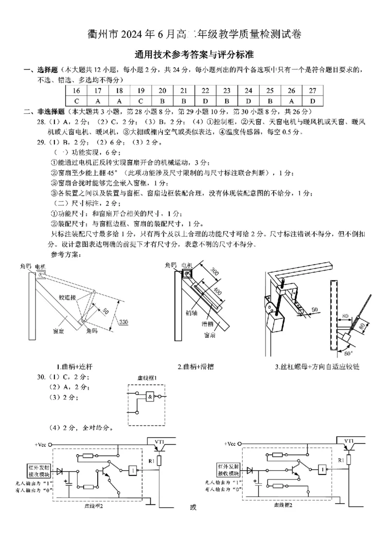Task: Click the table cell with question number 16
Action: (76, 91)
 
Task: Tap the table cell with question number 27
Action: (313, 91)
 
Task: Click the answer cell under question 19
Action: (141, 101)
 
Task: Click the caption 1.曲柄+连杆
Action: (74, 366)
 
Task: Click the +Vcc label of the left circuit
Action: (42, 444)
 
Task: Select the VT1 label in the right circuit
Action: (349, 441)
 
